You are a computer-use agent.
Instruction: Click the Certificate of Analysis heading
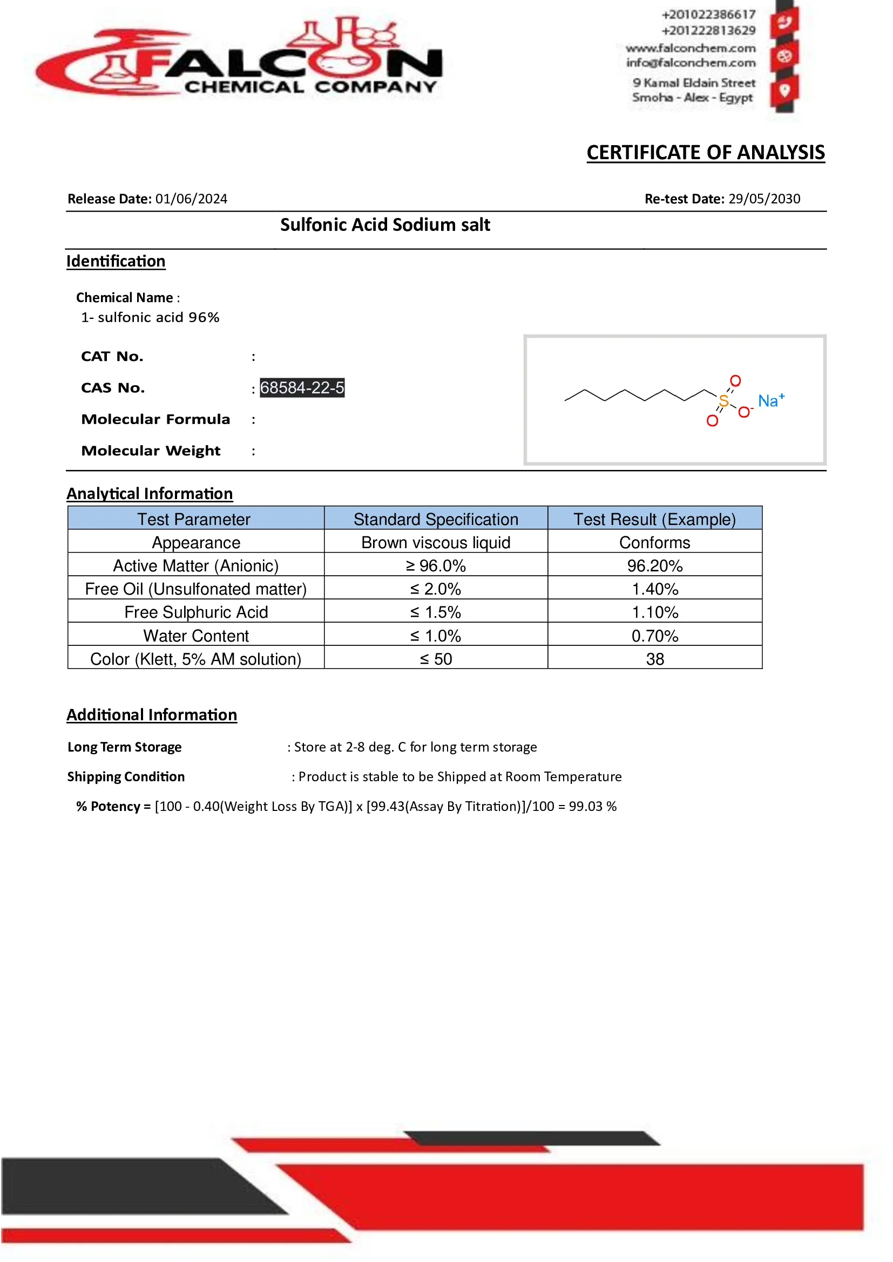click(x=706, y=153)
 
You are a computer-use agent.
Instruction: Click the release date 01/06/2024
click(x=191, y=199)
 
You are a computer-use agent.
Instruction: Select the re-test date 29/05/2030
click(x=765, y=199)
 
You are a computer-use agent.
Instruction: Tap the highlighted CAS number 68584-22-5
click(x=302, y=388)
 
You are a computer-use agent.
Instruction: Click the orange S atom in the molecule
click(x=723, y=401)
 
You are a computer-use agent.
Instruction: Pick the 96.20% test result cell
click(x=654, y=565)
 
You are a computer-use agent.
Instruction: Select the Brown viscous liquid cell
click(x=436, y=542)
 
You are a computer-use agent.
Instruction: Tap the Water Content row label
click(x=196, y=636)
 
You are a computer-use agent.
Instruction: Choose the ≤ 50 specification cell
click(x=436, y=659)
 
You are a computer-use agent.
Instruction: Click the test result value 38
click(x=654, y=659)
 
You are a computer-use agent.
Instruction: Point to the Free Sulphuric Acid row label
click(x=196, y=612)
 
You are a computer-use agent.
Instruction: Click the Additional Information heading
click(x=152, y=715)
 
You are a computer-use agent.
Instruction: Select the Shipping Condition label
click(x=126, y=776)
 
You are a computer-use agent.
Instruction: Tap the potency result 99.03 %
click(x=592, y=806)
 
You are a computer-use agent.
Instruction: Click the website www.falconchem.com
click(x=691, y=49)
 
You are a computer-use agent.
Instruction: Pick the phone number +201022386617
click(x=708, y=14)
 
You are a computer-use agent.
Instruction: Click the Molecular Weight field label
click(x=151, y=451)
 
